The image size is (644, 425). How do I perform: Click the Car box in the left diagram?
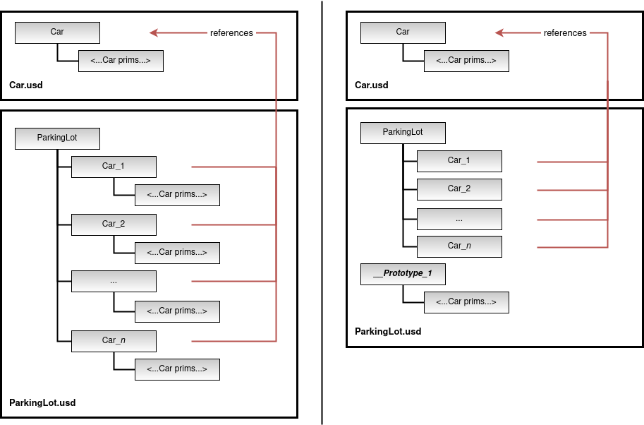coord(57,32)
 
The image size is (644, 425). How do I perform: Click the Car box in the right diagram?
coord(403,32)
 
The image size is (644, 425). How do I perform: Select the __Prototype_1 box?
coord(403,273)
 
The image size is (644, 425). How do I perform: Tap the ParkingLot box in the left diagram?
coord(57,138)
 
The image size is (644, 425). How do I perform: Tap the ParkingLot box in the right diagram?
coord(403,132)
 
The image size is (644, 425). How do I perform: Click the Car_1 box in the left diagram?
coord(114,167)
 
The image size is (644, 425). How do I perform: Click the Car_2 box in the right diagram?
coord(459,189)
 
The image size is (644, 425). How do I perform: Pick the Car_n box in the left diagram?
coord(114,341)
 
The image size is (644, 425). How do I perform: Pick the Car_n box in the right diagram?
coord(459,246)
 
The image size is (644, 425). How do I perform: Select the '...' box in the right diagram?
coord(459,218)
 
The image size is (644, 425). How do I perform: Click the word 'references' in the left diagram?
coord(231,33)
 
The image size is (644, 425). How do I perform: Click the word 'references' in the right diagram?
coord(565,33)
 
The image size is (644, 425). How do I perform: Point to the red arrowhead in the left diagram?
coord(154,32)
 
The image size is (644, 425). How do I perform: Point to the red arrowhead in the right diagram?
coord(499,32)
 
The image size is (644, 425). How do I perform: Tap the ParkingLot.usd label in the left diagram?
coord(42,403)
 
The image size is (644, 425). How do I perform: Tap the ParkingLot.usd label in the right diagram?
coord(388,331)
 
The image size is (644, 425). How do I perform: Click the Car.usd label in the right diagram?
coord(371,85)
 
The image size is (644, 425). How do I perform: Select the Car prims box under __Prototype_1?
coord(466,302)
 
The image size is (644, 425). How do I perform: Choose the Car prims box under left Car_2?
coord(177,253)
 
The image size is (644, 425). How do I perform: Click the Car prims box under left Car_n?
coord(177,369)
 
